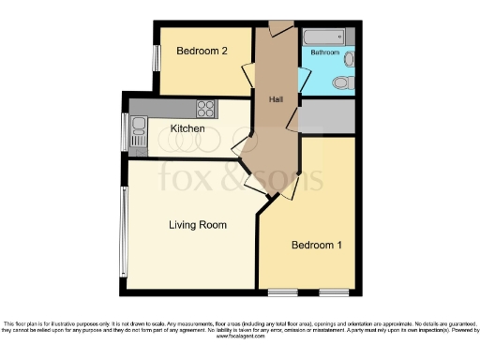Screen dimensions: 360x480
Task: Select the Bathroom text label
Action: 325,53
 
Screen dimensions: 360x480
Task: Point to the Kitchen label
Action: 187,127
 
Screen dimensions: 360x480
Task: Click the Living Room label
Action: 198,225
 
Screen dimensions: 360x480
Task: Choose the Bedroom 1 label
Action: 316,245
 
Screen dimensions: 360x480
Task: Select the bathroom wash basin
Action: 349,59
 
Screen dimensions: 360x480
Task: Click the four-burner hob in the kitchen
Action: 206,108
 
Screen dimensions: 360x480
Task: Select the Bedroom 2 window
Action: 157,57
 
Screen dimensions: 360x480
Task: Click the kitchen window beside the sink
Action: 126,131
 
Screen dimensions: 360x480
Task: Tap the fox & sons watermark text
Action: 239,173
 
